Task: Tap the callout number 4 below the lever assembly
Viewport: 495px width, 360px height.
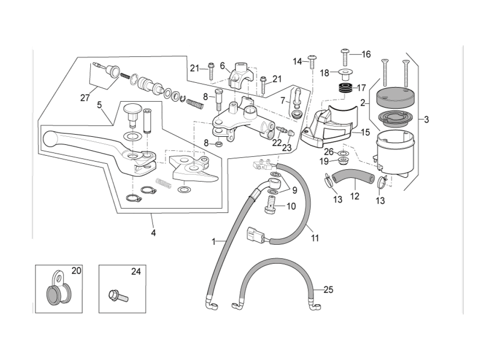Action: click(153, 233)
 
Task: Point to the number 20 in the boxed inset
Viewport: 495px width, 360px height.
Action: click(76, 271)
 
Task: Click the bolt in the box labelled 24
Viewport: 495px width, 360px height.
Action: click(118, 297)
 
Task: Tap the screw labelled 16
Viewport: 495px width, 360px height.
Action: click(346, 56)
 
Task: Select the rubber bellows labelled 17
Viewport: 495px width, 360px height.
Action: click(346, 88)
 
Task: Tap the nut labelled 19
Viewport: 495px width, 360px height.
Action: click(342, 161)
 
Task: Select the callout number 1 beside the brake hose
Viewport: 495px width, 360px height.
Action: click(214, 242)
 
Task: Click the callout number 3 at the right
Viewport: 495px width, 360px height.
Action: click(426, 120)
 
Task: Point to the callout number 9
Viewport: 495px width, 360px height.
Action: click(294, 190)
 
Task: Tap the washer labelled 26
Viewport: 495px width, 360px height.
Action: click(342, 153)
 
